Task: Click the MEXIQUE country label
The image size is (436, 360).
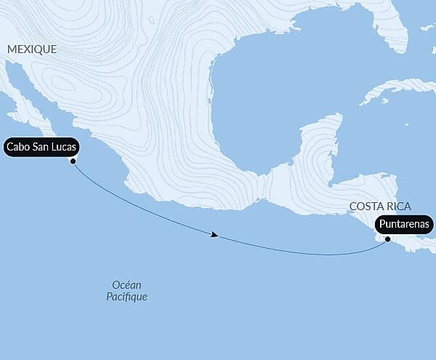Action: [x=31, y=49]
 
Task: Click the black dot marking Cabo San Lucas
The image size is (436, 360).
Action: [x=73, y=161]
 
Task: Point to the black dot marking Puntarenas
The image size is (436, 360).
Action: [x=388, y=239]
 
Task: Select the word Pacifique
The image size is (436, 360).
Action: [x=126, y=297]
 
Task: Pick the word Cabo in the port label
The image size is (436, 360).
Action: [x=18, y=147]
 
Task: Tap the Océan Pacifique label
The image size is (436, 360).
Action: [x=126, y=291]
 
